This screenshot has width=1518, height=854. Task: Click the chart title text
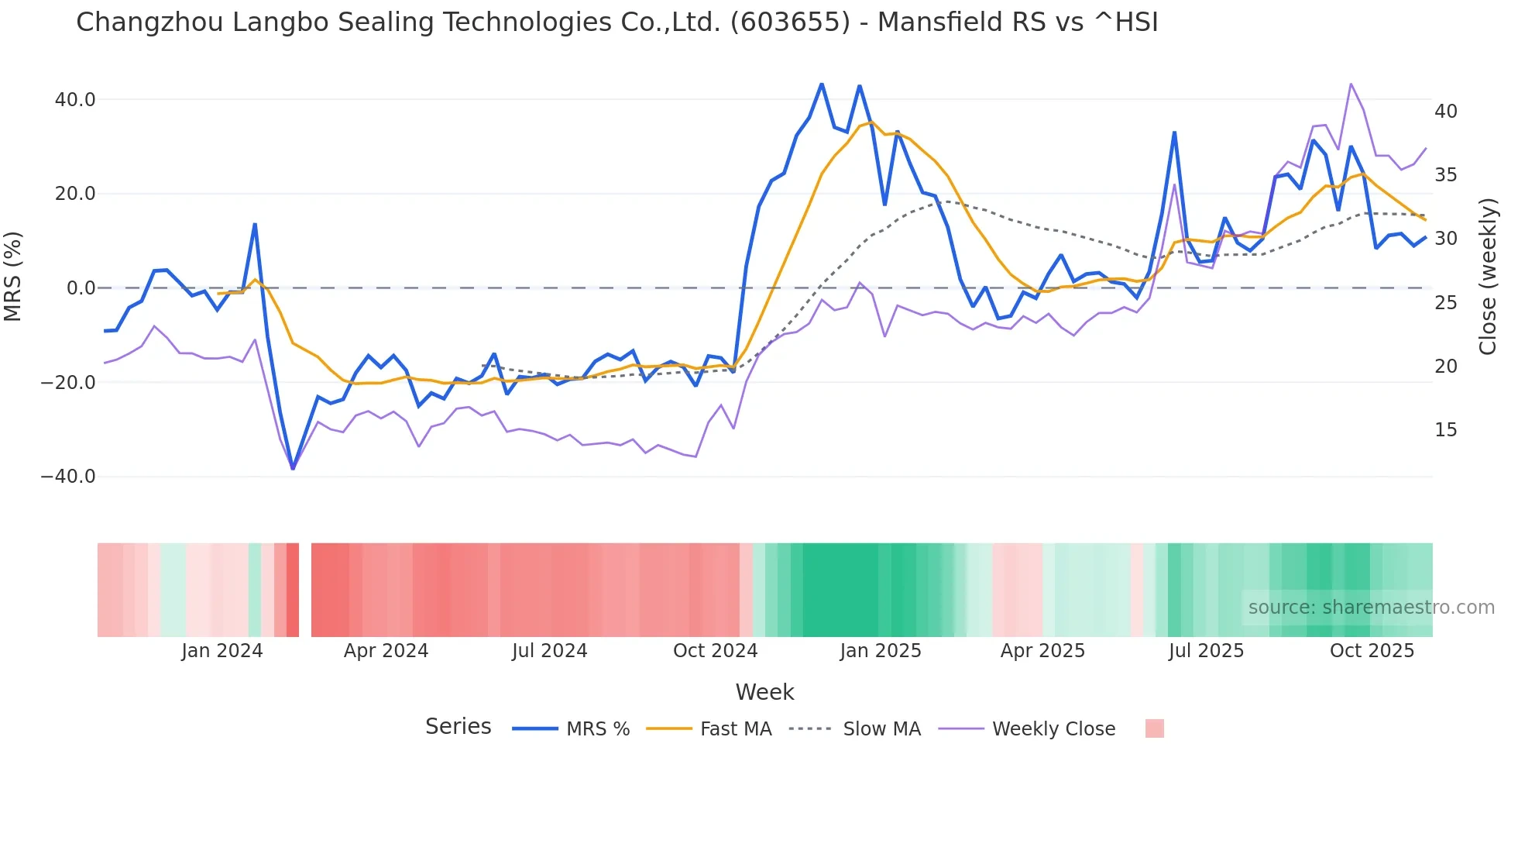(x=616, y=22)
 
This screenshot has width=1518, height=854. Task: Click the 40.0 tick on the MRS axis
(x=75, y=100)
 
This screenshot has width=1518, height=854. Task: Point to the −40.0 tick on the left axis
(x=68, y=477)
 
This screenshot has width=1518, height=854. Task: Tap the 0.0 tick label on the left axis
(x=81, y=288)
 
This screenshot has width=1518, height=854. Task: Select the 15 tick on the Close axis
(x=1445, y=430)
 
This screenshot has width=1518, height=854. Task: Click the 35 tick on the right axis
(x=1445, y=175)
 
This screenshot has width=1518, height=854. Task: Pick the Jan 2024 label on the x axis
(x=222, y=651)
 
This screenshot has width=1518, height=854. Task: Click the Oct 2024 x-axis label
(x=715, y=651)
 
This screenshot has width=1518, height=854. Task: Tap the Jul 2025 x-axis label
(x=1206, y=651)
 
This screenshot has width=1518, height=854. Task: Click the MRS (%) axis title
(x=13, y=276)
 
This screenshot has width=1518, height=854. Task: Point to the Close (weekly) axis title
(x=1488, y=277)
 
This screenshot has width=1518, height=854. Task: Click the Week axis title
(x=764, y=692)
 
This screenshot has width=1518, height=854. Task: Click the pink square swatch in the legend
(x=1154, y=728)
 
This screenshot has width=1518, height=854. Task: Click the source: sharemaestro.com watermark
(x=1371, y=608)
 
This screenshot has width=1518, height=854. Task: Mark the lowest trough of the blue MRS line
(x=293, y=468)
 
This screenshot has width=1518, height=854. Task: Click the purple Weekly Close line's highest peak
(x=1351, y=84)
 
